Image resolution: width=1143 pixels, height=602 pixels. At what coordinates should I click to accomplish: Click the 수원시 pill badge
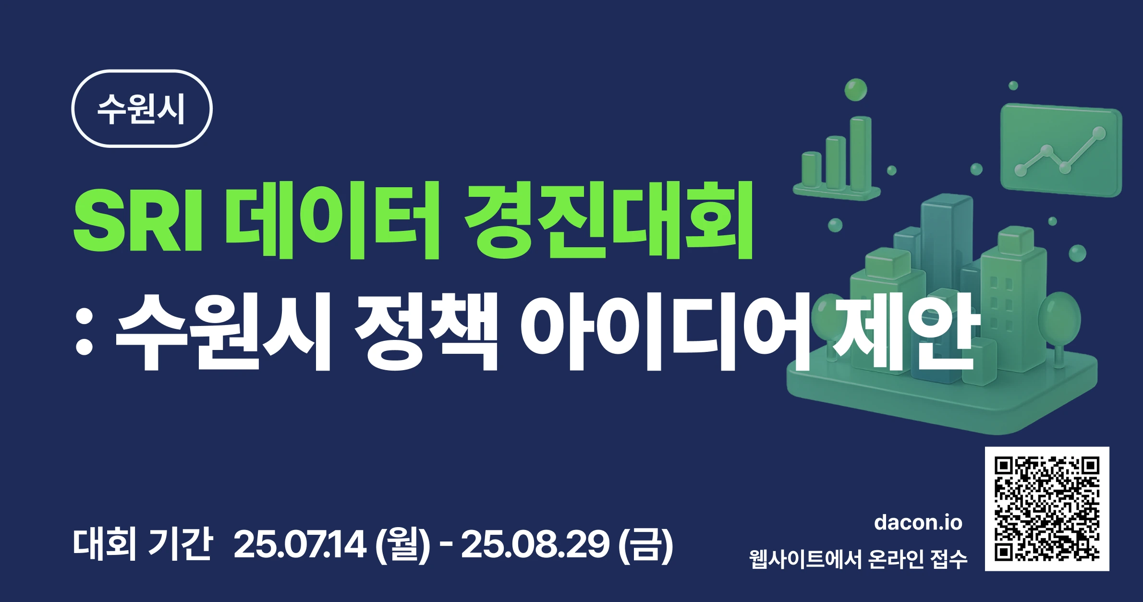point(142,108)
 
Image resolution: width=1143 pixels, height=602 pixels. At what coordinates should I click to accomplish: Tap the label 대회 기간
point(143,543)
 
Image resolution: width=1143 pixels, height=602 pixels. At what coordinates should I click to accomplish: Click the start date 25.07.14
point(300,544)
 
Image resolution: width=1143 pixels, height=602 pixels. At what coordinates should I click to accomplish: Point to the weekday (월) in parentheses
point(402,544)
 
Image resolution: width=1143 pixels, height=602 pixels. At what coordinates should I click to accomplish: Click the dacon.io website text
point(918,522)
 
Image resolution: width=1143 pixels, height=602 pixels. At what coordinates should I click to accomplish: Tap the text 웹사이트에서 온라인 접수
point(858,559)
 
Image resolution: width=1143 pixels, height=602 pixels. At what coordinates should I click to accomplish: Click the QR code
point(1047,509)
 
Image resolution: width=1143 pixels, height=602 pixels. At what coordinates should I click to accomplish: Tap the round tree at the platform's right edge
point(1059,326)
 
